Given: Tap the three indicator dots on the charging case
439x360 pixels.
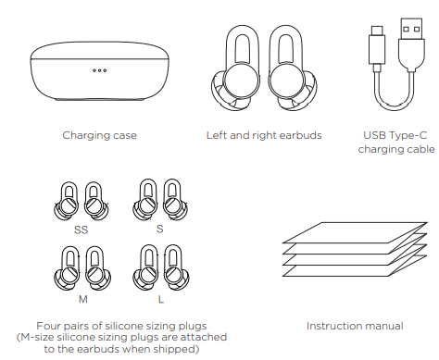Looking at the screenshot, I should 99,69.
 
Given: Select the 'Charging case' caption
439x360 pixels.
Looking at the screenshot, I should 99,135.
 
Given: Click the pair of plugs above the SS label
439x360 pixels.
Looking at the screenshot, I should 80,200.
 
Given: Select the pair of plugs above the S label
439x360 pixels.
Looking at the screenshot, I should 157,200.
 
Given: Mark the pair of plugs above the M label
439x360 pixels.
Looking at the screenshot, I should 80,269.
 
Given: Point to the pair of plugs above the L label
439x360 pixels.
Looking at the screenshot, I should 158,269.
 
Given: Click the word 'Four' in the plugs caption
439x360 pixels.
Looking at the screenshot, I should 49,325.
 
